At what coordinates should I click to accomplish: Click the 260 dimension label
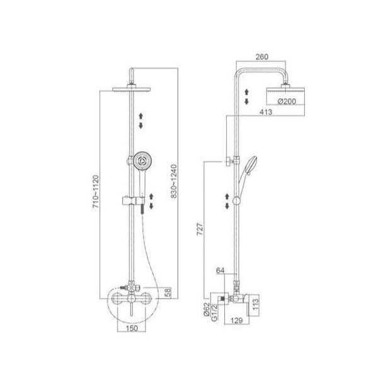pos(262,57)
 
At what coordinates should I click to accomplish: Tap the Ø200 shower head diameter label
pos(287,101)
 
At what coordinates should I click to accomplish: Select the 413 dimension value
pos(266,112)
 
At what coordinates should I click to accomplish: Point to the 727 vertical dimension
pos(200,229)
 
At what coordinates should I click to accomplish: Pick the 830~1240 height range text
pos(174,181)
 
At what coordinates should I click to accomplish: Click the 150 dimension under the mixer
pos(132,328)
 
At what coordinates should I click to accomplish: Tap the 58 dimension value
pos(168,292)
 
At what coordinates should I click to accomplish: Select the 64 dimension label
pos(220,270)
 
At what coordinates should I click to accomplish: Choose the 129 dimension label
pos(236,321)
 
